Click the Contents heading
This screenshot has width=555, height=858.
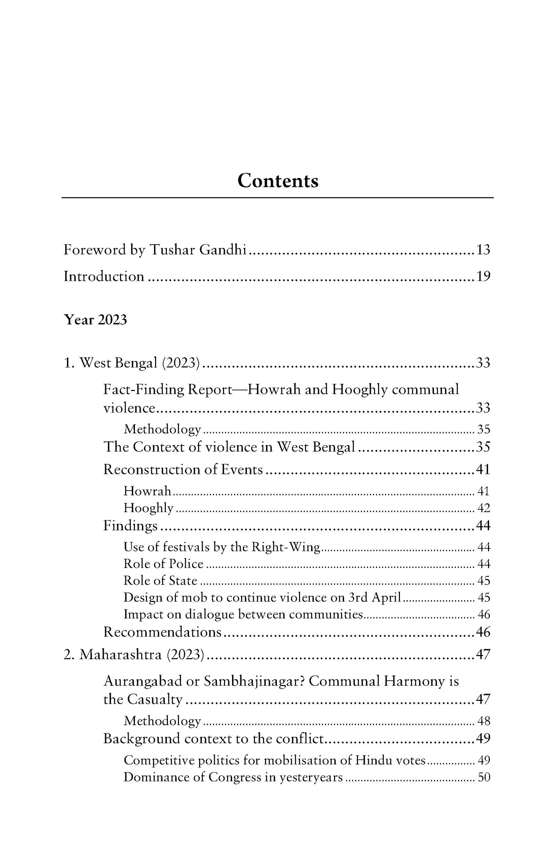click(277, 180)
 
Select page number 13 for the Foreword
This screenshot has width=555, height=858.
click(483, 250)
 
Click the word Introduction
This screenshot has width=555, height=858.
click(104, 277)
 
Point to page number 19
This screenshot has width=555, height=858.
click(483, 277)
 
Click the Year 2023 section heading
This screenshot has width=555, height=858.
click(95, 320)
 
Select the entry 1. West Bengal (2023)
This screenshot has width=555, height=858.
click(131, 363)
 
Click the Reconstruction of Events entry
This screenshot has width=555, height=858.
click(183, 469)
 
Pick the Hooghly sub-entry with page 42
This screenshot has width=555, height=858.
click(148, 508)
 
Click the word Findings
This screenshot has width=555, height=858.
click(130, 526)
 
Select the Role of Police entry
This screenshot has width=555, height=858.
click(163, 563)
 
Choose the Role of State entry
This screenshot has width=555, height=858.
click(160, 580)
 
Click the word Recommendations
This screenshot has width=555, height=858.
click(162, 632)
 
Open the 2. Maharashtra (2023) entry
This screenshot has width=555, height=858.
click(134, 654)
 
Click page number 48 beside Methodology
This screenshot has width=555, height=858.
click(484, 721)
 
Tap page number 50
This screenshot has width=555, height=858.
click(484, 777)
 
